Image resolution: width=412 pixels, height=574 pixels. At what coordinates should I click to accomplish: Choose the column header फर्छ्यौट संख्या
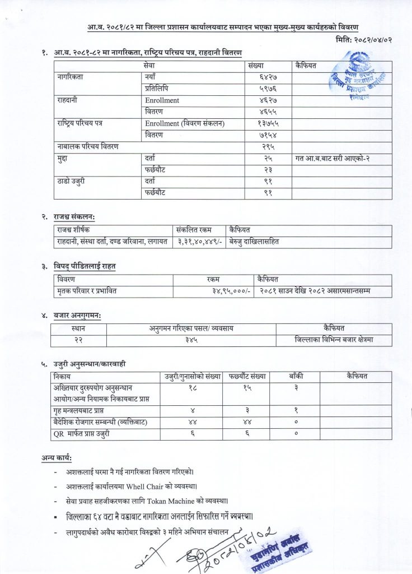tap(247, 376)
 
